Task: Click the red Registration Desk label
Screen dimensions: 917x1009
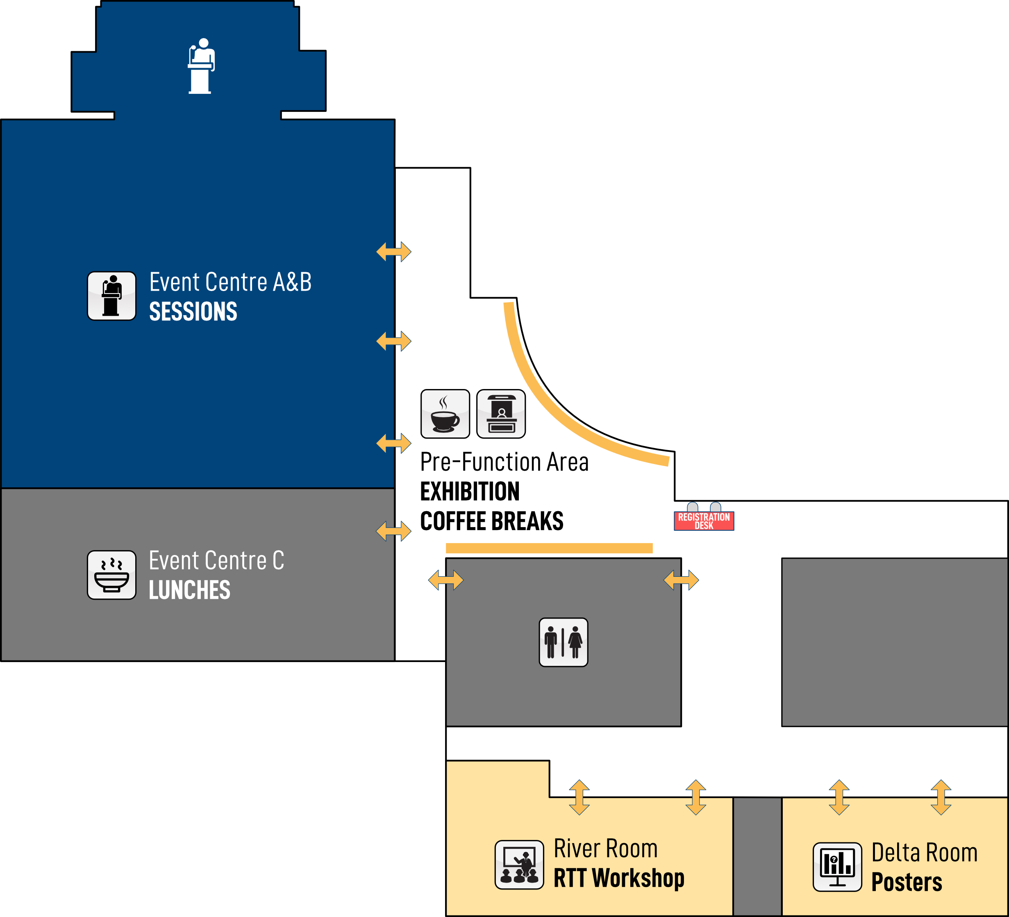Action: pyautogui.click(x=704, y=521)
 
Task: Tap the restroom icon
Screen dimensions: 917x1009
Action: pyautogui.click(x=563, y=642)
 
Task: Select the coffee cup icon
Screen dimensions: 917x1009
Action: pyautogui.click(x=445, y=414)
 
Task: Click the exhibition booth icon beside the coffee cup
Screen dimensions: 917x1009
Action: pyautogui.click(x=501, y=414)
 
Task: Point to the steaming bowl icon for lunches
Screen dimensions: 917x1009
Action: pyautogui.click(x=111, y=575)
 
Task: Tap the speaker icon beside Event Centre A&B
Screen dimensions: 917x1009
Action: pyautogui.click(x=111, y=296)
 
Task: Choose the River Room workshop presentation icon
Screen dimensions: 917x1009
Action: pyautogui.click(x=519, y=865)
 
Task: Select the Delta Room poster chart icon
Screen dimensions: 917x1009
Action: pyautogui.click(x=837, y=867)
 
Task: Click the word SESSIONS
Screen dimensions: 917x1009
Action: pyautogui.click(x=193, y=312)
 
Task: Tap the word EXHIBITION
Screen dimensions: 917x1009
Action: pyautogui.click(x=470, y=491)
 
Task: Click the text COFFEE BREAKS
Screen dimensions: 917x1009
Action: pyautogui.click(x=491, y=521)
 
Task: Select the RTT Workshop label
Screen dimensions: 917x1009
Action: pyautogui.click(x=618, y=878)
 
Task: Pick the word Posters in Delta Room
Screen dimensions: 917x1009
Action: pyautogui.click(x=907, y=882)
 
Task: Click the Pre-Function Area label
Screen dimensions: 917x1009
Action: pyautogui.click(x=504, y=462)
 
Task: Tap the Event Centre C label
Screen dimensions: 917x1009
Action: pyautogui.click(x=216, y=560)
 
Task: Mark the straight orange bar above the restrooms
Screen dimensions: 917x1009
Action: pyautogui.click(x=549, y=548)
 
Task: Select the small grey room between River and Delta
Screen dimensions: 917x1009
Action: pyautogui.click(x=757, y=856)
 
